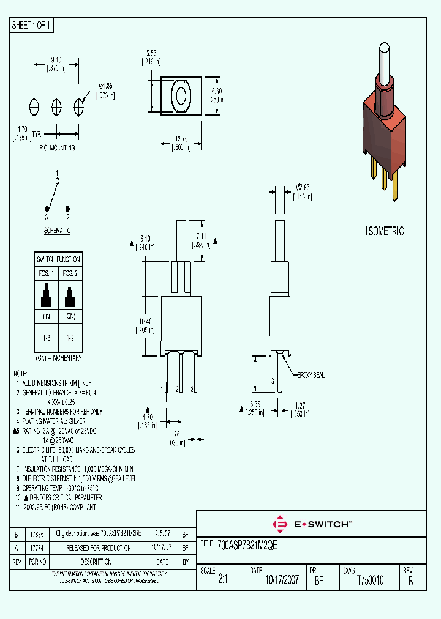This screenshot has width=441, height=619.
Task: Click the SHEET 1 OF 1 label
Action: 32,26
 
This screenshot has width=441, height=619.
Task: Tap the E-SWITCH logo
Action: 312,524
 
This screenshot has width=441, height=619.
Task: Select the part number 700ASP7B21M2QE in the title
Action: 248,547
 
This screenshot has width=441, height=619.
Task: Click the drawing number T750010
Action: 369,580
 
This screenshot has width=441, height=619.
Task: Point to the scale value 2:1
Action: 222,580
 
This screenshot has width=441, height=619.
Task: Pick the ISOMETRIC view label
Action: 385,231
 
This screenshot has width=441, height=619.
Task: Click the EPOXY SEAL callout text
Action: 311,375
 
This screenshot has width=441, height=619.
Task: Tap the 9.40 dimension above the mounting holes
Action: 56,60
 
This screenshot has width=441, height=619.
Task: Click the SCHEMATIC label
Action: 57,230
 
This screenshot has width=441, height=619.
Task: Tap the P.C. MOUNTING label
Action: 57,148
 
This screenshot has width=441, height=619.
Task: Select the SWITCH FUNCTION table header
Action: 58,259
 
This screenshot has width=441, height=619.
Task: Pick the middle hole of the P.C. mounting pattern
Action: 56,106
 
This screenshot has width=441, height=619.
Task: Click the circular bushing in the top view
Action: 181,95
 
